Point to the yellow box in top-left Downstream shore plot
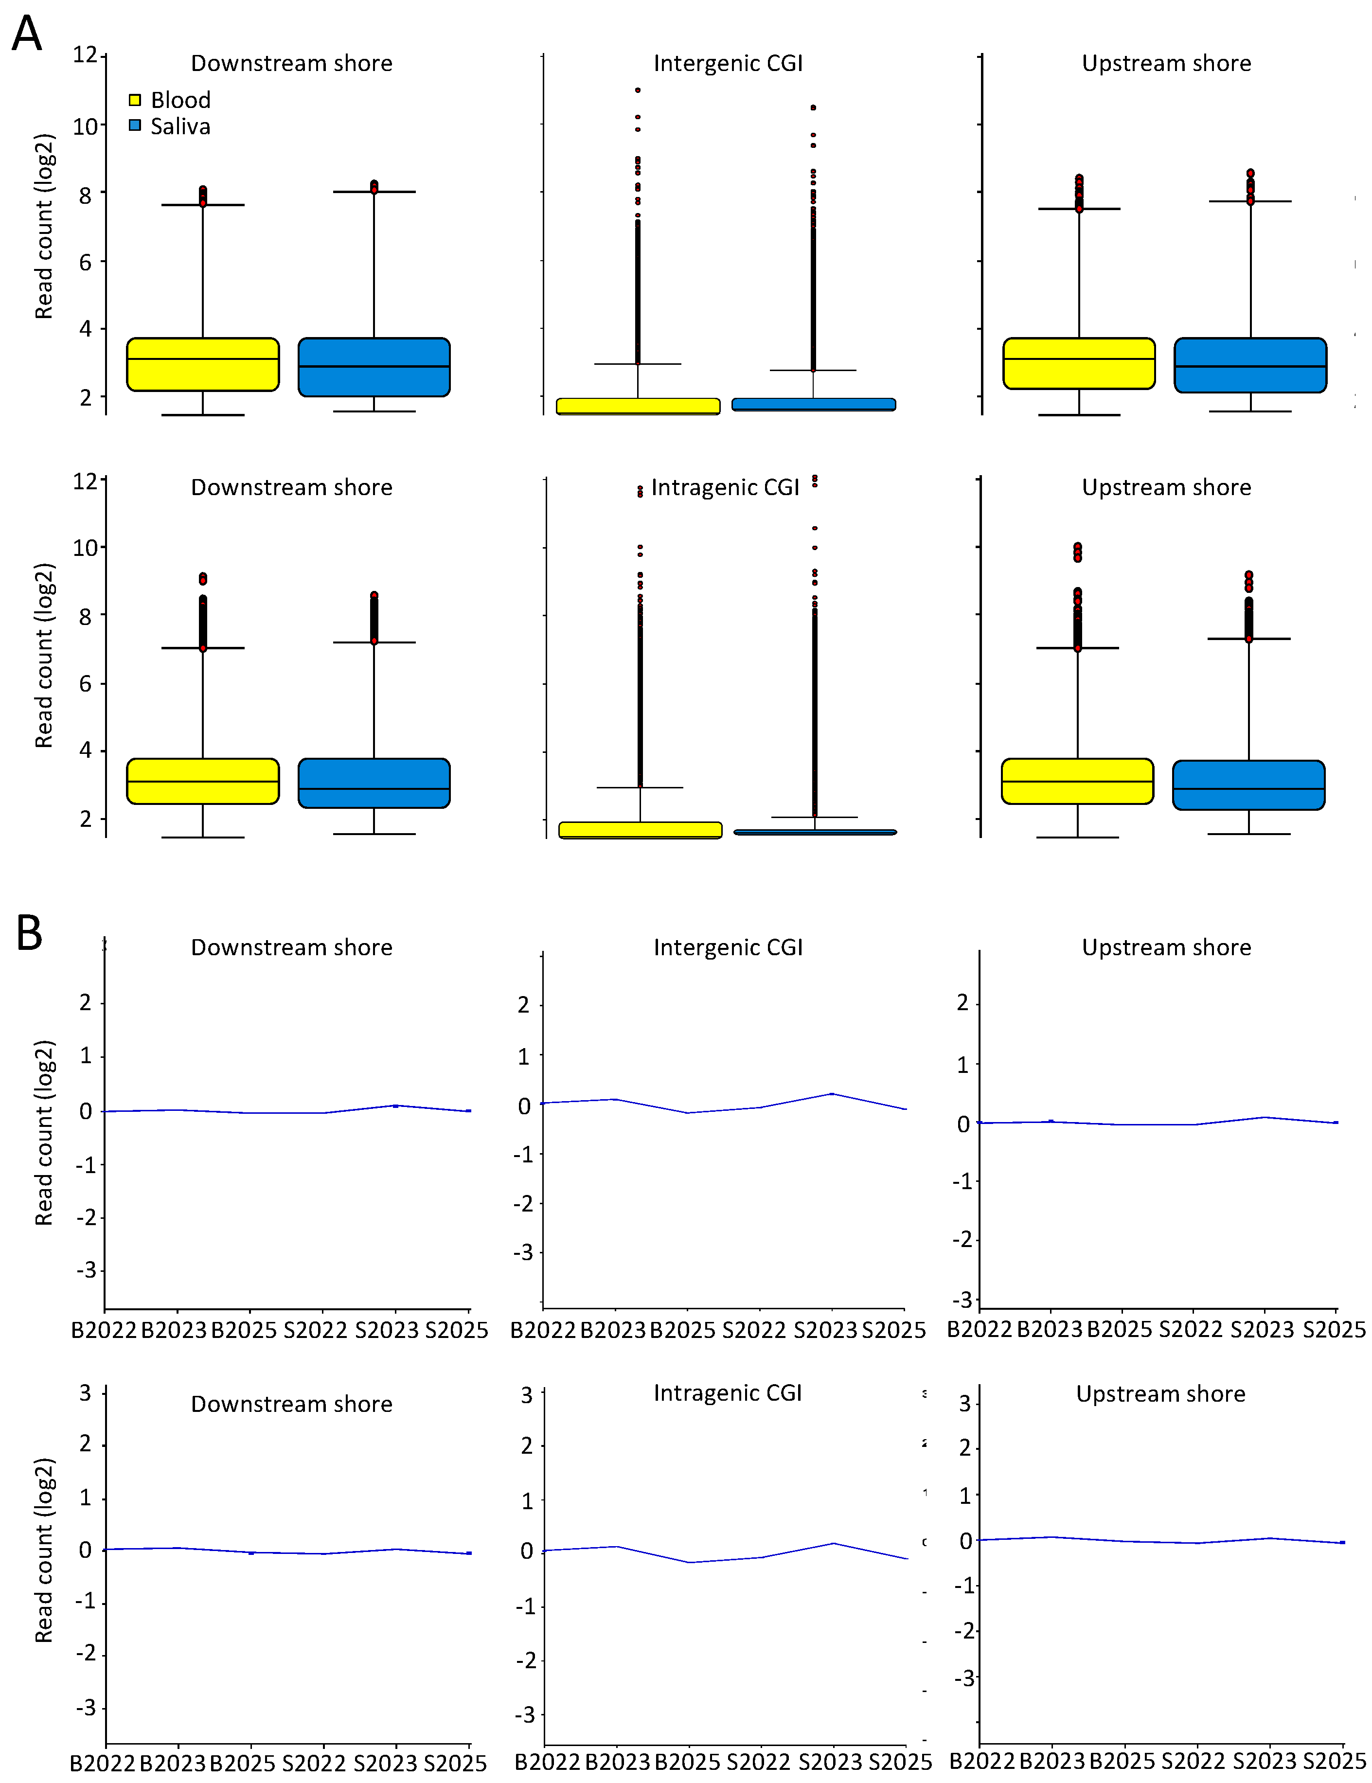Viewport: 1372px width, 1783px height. coord(202,364)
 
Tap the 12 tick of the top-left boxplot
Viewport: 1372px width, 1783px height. coord(85,55)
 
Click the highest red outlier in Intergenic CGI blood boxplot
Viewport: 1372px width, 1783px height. coord(638,90)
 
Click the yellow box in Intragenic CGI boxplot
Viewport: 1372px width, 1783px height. coord(640,830)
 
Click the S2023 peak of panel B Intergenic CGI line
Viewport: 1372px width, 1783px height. coord(832,1093)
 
